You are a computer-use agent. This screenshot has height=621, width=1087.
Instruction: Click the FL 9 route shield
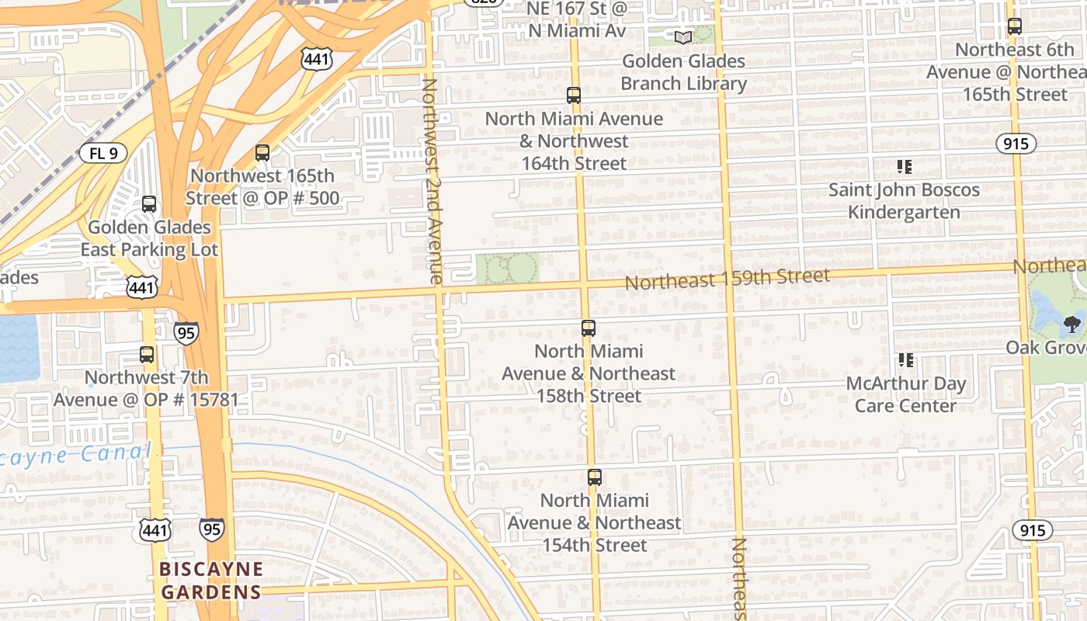click(x=103, y=153)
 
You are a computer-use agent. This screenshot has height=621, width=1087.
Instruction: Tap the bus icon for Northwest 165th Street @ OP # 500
click(x=262, y=153)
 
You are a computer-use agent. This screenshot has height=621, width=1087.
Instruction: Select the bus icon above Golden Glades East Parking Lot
click(x=149, y=205)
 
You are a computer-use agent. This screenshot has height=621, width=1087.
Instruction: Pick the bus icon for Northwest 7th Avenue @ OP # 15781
click(x=147, y=355)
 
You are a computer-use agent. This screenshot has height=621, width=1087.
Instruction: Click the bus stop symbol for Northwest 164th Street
click(x=574, y=95)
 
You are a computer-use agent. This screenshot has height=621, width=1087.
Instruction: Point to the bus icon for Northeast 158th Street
click(x=589, y=328)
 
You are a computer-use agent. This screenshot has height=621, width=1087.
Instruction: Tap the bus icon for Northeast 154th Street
click(x=595, y=477)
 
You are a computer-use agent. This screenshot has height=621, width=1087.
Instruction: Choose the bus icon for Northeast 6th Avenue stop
click(x=1014, y=26)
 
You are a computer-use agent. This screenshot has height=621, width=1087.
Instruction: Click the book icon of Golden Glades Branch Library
click(x=683, y=37)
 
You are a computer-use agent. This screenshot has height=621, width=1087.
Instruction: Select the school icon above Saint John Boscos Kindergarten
click(x=904, y=167)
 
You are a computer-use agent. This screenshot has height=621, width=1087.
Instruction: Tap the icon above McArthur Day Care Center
click(x=905, y=360)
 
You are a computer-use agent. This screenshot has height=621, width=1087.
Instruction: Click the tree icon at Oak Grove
click(x=1072, y=324)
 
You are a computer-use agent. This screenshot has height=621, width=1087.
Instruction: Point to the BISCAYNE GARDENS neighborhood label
click(x=210, y=581)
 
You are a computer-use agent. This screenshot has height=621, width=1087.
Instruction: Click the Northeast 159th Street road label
click(x=728, y=279)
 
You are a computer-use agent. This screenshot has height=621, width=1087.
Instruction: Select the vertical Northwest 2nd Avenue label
click(x=432, y=180)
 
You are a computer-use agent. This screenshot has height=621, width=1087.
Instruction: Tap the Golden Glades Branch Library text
click(x=683, y=72)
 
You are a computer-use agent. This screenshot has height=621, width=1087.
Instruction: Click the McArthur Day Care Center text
click(x=905, y=394)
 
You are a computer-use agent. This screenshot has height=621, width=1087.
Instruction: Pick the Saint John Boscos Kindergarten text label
click(x=904, y=201)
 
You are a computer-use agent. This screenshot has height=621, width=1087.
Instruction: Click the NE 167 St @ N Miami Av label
click(x=576, y=19)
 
